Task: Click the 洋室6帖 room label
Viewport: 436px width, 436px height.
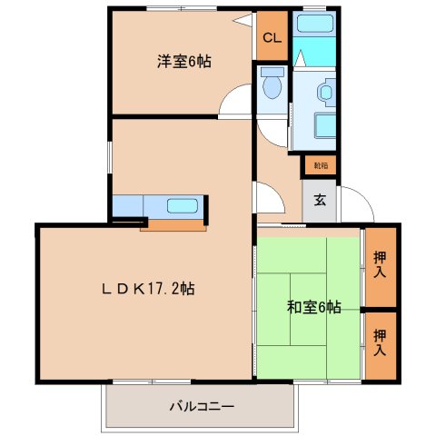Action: point(183,63)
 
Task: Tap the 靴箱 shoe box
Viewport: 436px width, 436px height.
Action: point(320,165)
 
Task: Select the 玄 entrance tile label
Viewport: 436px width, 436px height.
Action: point(320,201)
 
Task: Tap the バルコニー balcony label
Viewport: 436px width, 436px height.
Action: point(201,406)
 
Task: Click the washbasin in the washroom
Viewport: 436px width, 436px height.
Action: point(324,91)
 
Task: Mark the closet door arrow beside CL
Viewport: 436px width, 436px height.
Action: point(241,19)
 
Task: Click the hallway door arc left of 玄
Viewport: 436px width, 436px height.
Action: point(269,197)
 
